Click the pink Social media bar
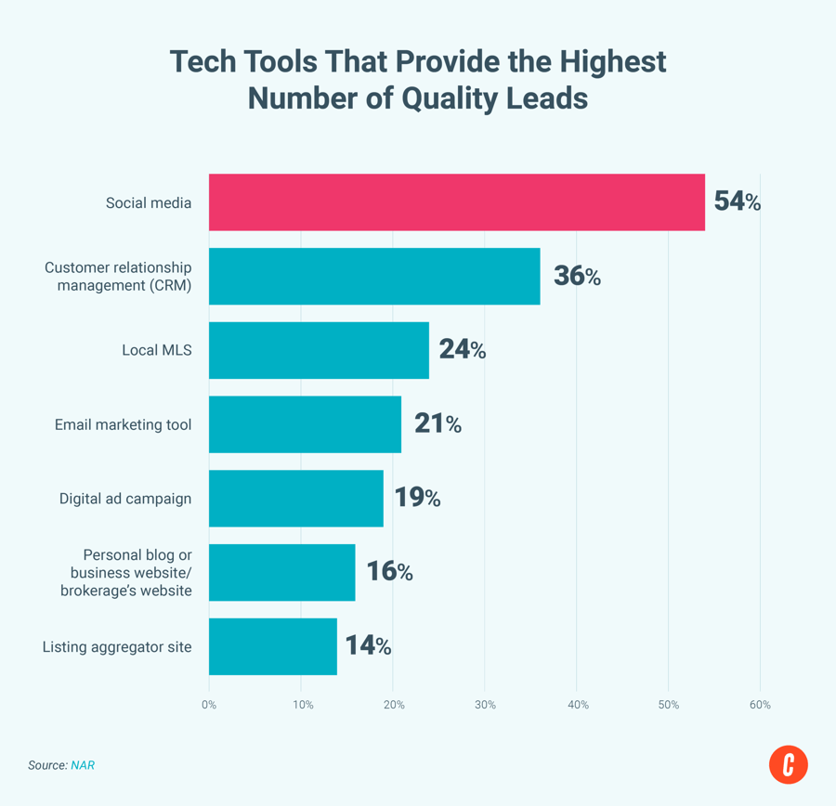[456, 201]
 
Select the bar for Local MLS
[319, 350]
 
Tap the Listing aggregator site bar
[272, 646]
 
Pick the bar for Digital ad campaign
[295, 498]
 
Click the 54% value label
[737, 201]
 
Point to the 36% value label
[577, 276]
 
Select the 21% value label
[438, 424]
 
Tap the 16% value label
[389, 572]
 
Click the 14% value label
[368, 646]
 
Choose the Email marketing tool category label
[123, 424]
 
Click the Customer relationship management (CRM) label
[118, 276]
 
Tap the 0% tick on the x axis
[209, 705]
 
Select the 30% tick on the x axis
[485, 705]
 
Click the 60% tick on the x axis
[760, 705]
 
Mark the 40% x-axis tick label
[577, 705]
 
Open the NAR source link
[83, 765]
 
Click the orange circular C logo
[788, 764]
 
